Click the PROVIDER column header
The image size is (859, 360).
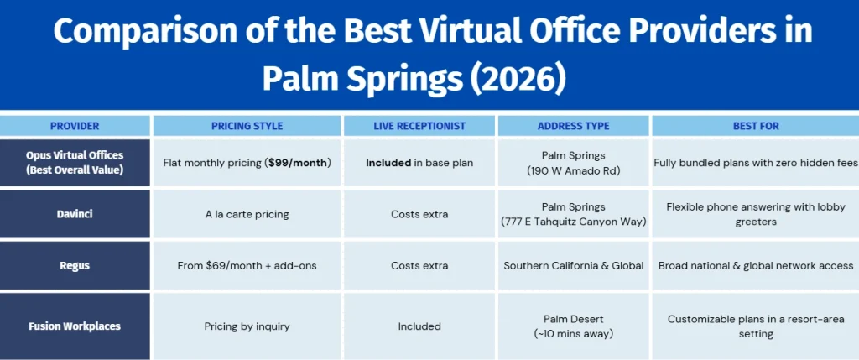[x=75, y=126]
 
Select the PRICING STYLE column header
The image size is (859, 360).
[x=247, y=126]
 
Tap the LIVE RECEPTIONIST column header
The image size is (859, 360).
[x=419, y=126]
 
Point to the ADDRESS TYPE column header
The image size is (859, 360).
[x=574, y=126]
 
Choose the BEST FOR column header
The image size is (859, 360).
[x=756, y=126]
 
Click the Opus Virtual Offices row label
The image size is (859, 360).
[x=75, y=162]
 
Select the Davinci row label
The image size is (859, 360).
[x=75, y=214]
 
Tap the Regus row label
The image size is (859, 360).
[x=75, y=266]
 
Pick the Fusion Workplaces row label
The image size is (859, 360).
[x=75, y=326]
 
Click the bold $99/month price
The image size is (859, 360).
[x=299, y=163]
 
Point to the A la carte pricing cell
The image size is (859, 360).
[x=247, y=214]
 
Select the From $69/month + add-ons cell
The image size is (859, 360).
[x=247, y=266]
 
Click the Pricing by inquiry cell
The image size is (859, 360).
[x=247, y=326]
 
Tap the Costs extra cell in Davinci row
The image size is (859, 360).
[x=419, y=214]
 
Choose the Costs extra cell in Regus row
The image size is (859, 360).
[x=419, y=266]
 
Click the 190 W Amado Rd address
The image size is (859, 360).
[x=574, y=170]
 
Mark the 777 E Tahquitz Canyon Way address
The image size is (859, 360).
[x=574, y=222]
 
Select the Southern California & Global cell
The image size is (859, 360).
[x=574, y=266]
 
